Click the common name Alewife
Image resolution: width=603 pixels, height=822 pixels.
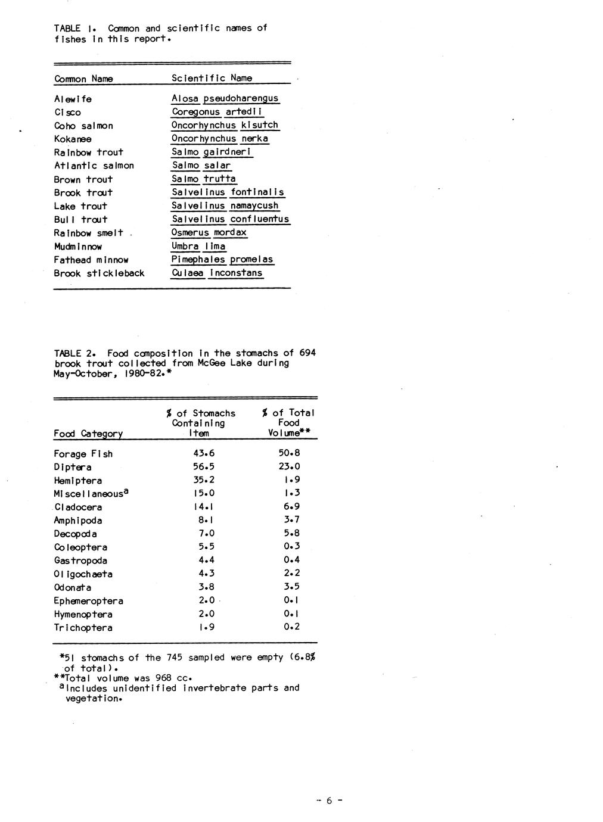(73, 99)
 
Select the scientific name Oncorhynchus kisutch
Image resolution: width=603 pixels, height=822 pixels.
(225, 125)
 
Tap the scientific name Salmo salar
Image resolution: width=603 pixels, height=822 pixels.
(201, 166)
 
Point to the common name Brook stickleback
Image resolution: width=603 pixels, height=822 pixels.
(99, 273)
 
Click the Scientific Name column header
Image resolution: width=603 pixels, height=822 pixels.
(212, 78)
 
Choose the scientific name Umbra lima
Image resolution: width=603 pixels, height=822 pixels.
(198, 246)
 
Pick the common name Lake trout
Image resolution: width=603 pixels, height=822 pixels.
(80, 206)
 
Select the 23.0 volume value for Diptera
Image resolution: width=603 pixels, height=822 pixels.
(289, 466)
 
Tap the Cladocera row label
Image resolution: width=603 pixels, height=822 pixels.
(78, 507)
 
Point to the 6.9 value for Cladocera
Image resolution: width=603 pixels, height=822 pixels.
(292, 506)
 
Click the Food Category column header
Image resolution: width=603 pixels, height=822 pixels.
(88, 434)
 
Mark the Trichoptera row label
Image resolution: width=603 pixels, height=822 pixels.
(83, 628)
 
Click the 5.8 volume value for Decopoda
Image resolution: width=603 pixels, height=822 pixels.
(292, 533)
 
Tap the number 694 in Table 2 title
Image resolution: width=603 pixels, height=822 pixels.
(307, 353)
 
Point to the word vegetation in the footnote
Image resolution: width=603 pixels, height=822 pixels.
(94, 699)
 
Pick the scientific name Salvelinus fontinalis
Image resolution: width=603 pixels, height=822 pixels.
(228, 192)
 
